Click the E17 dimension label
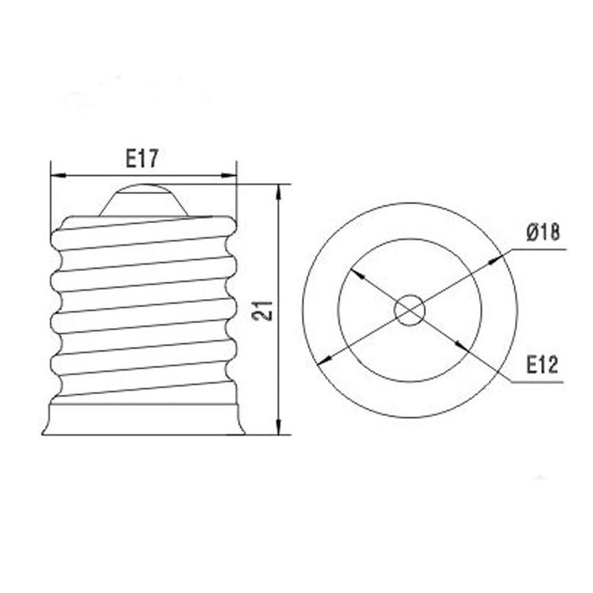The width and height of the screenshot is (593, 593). point(142,158)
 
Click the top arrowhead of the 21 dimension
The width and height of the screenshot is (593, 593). point(278,192)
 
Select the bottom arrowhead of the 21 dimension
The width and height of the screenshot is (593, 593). point(278,428)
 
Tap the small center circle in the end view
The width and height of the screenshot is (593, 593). point(410,310)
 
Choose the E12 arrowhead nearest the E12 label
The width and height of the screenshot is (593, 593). point(460,348)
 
